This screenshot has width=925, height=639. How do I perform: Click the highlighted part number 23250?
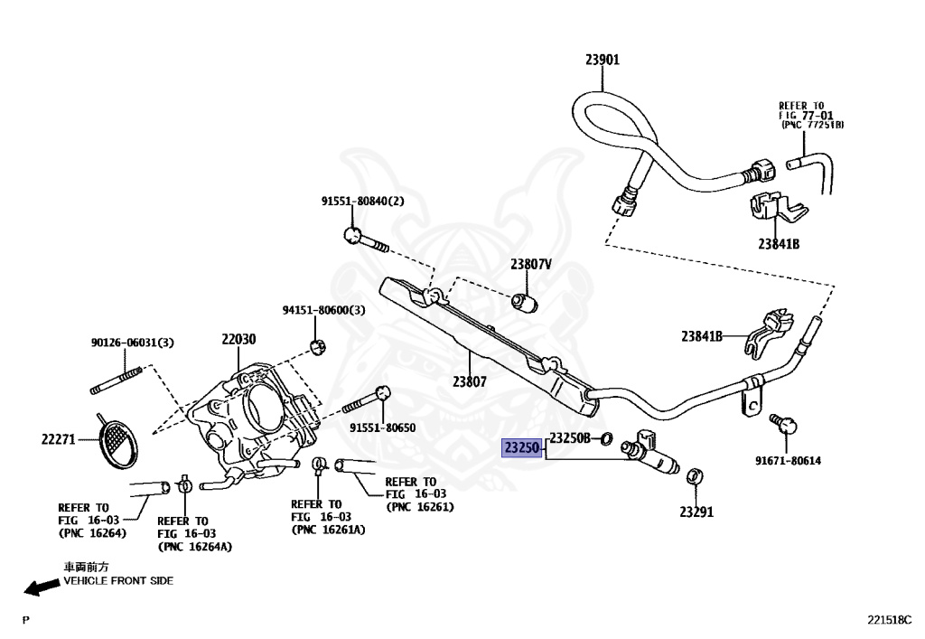point(521,447)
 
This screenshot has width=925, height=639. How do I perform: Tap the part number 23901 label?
point(603,60)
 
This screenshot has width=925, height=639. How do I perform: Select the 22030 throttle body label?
point(238,339)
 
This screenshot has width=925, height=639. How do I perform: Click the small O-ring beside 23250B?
point(605,438)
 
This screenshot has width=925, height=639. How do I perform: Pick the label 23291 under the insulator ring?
point(696,512)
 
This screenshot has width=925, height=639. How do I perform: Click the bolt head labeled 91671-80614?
point(787,424)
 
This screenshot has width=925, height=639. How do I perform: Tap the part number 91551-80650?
point(383,428)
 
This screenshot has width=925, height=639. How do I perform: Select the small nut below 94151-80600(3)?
point(319,348)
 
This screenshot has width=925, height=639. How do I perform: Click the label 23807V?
point(531,264)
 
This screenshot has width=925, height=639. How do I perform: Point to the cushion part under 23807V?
point(525,303)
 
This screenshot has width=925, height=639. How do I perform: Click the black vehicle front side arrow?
point(42,587)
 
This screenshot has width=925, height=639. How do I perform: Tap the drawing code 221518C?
point(889,620)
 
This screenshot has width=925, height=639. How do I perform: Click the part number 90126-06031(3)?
point(133,343)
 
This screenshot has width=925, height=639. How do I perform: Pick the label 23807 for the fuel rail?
point(470,381)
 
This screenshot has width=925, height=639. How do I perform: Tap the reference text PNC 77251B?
point(812,125)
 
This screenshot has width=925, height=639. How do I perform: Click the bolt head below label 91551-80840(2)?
point(353,235)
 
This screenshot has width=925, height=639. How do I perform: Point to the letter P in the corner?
point(25,620)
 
